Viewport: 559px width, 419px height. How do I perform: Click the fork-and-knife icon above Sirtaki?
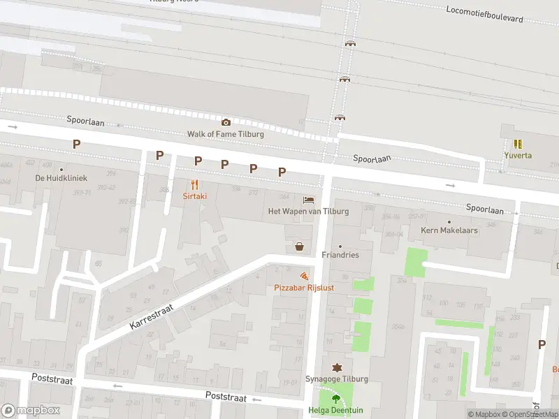click(x=195, y=185)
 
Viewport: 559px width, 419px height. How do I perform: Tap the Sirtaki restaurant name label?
click(x=195, y=197)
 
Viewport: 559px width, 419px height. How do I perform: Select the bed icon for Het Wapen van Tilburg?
click(x=308, y=200)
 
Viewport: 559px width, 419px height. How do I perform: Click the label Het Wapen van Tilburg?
click(x=308, y=211)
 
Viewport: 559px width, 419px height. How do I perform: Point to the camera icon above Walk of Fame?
click(x=226, y=122)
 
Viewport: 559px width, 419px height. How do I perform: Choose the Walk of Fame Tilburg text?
click(x=225, y=133)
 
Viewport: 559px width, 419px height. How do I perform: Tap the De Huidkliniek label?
click(x=61, y=178)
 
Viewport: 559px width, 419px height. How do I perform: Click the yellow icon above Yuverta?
click(x=518, y=144)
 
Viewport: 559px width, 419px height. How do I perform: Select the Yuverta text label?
click(x=518, y=155)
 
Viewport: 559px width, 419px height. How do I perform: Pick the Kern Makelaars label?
click(x=449, y=230)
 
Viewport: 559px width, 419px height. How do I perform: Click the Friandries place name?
click(x=340, y=255)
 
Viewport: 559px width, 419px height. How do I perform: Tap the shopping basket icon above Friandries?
click(x=300, y=246)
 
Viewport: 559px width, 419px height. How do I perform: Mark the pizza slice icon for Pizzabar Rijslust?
click(x=303, y=277)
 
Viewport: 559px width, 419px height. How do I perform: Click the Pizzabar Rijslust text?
click(x=303, y=288)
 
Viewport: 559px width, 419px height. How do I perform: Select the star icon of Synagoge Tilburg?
click(x=336, y=367)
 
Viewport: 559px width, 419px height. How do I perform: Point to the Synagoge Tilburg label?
click(x=336, y=378)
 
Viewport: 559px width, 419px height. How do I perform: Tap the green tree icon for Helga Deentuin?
click(x=336, y=399)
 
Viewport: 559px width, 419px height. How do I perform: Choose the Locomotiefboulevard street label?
click(x=484, y=14)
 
